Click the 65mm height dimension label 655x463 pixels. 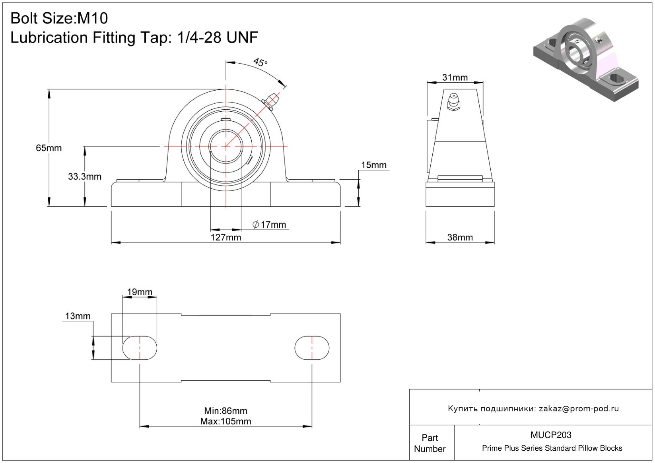[x=49, y=148]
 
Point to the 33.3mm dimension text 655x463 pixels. [x=85, y=176]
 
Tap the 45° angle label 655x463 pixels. [x=260, y=62]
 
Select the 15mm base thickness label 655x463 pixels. [x=374, y=165]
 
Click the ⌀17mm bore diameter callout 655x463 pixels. [x=269, y=225]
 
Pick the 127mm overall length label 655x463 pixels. [x=226, y=237]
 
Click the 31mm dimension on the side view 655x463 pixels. [x=455, y=77]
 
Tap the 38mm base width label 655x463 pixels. [x=460, y=237]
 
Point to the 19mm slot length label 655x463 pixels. [x=140, y=292]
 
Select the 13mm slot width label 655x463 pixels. [x=78, y=316]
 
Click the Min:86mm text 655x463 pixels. [x=226, y=411]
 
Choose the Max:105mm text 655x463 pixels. [x=226, y=422]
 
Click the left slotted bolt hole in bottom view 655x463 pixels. [x=140, y=348]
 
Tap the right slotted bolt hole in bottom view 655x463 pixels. [x=312, y=348]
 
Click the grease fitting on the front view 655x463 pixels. [x=271, y=101]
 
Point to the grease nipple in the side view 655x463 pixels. [x=453, y=102]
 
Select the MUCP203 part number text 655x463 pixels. [x=551, y=435]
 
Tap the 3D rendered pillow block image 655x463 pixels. [x=586, y=60]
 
